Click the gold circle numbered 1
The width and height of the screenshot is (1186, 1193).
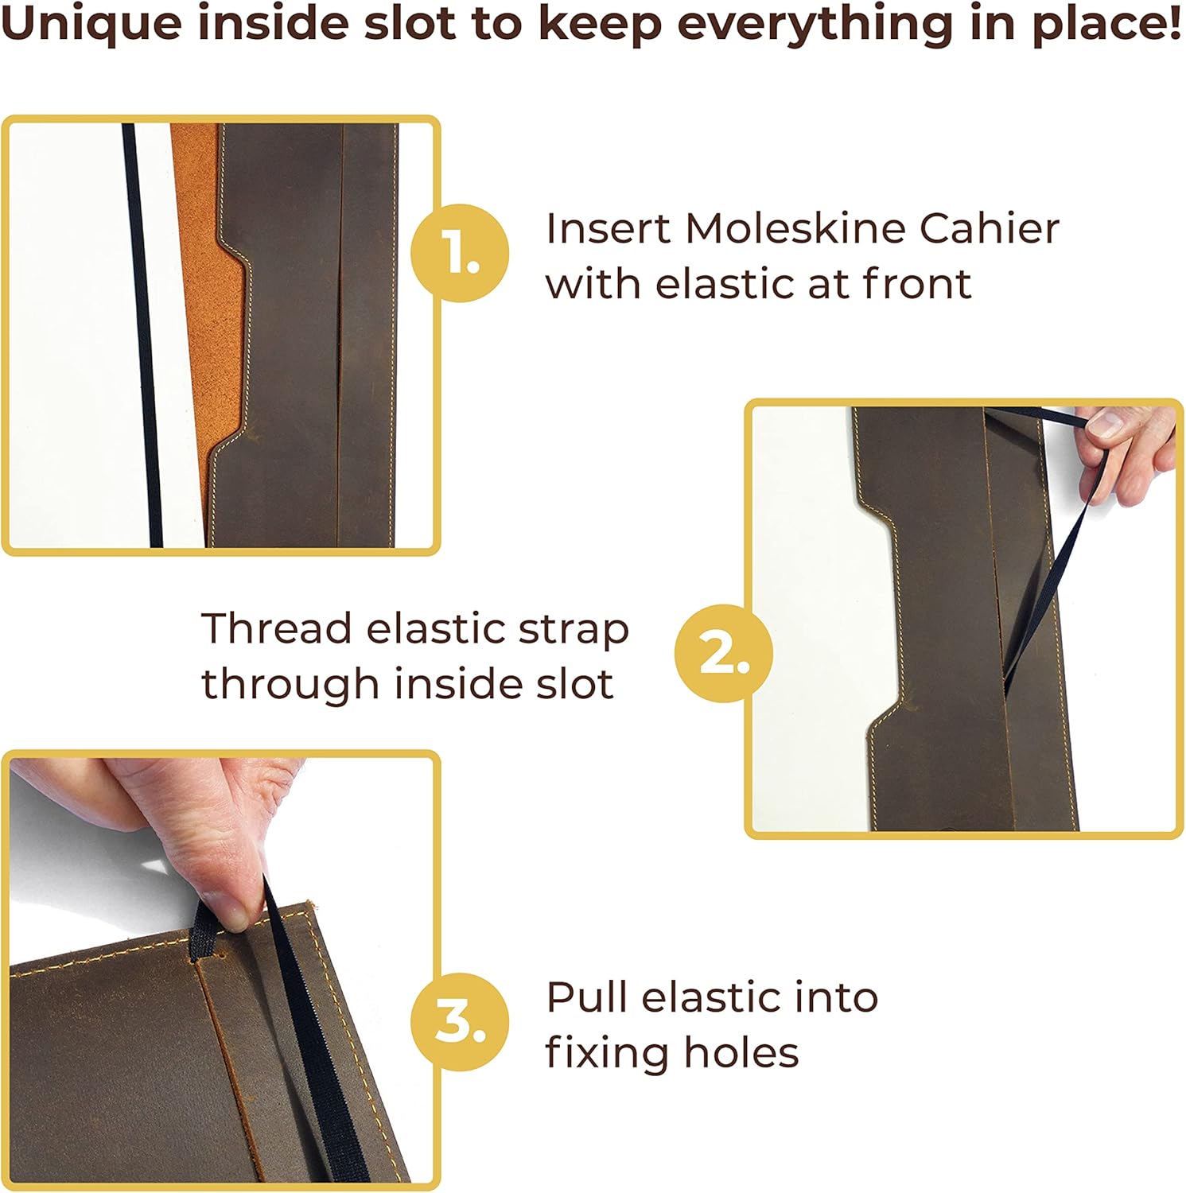pyautogui.click(x=460, y=253)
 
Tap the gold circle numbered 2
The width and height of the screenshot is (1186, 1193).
pyautogui.click(x=724, y=653)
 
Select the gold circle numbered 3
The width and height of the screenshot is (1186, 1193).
pyautogui.click(x=460, y=1021)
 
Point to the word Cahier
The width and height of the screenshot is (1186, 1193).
pyautogui.click(x=990, y=228)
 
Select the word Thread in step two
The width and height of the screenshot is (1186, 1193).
pyautogui.click(x=277, y=628)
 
